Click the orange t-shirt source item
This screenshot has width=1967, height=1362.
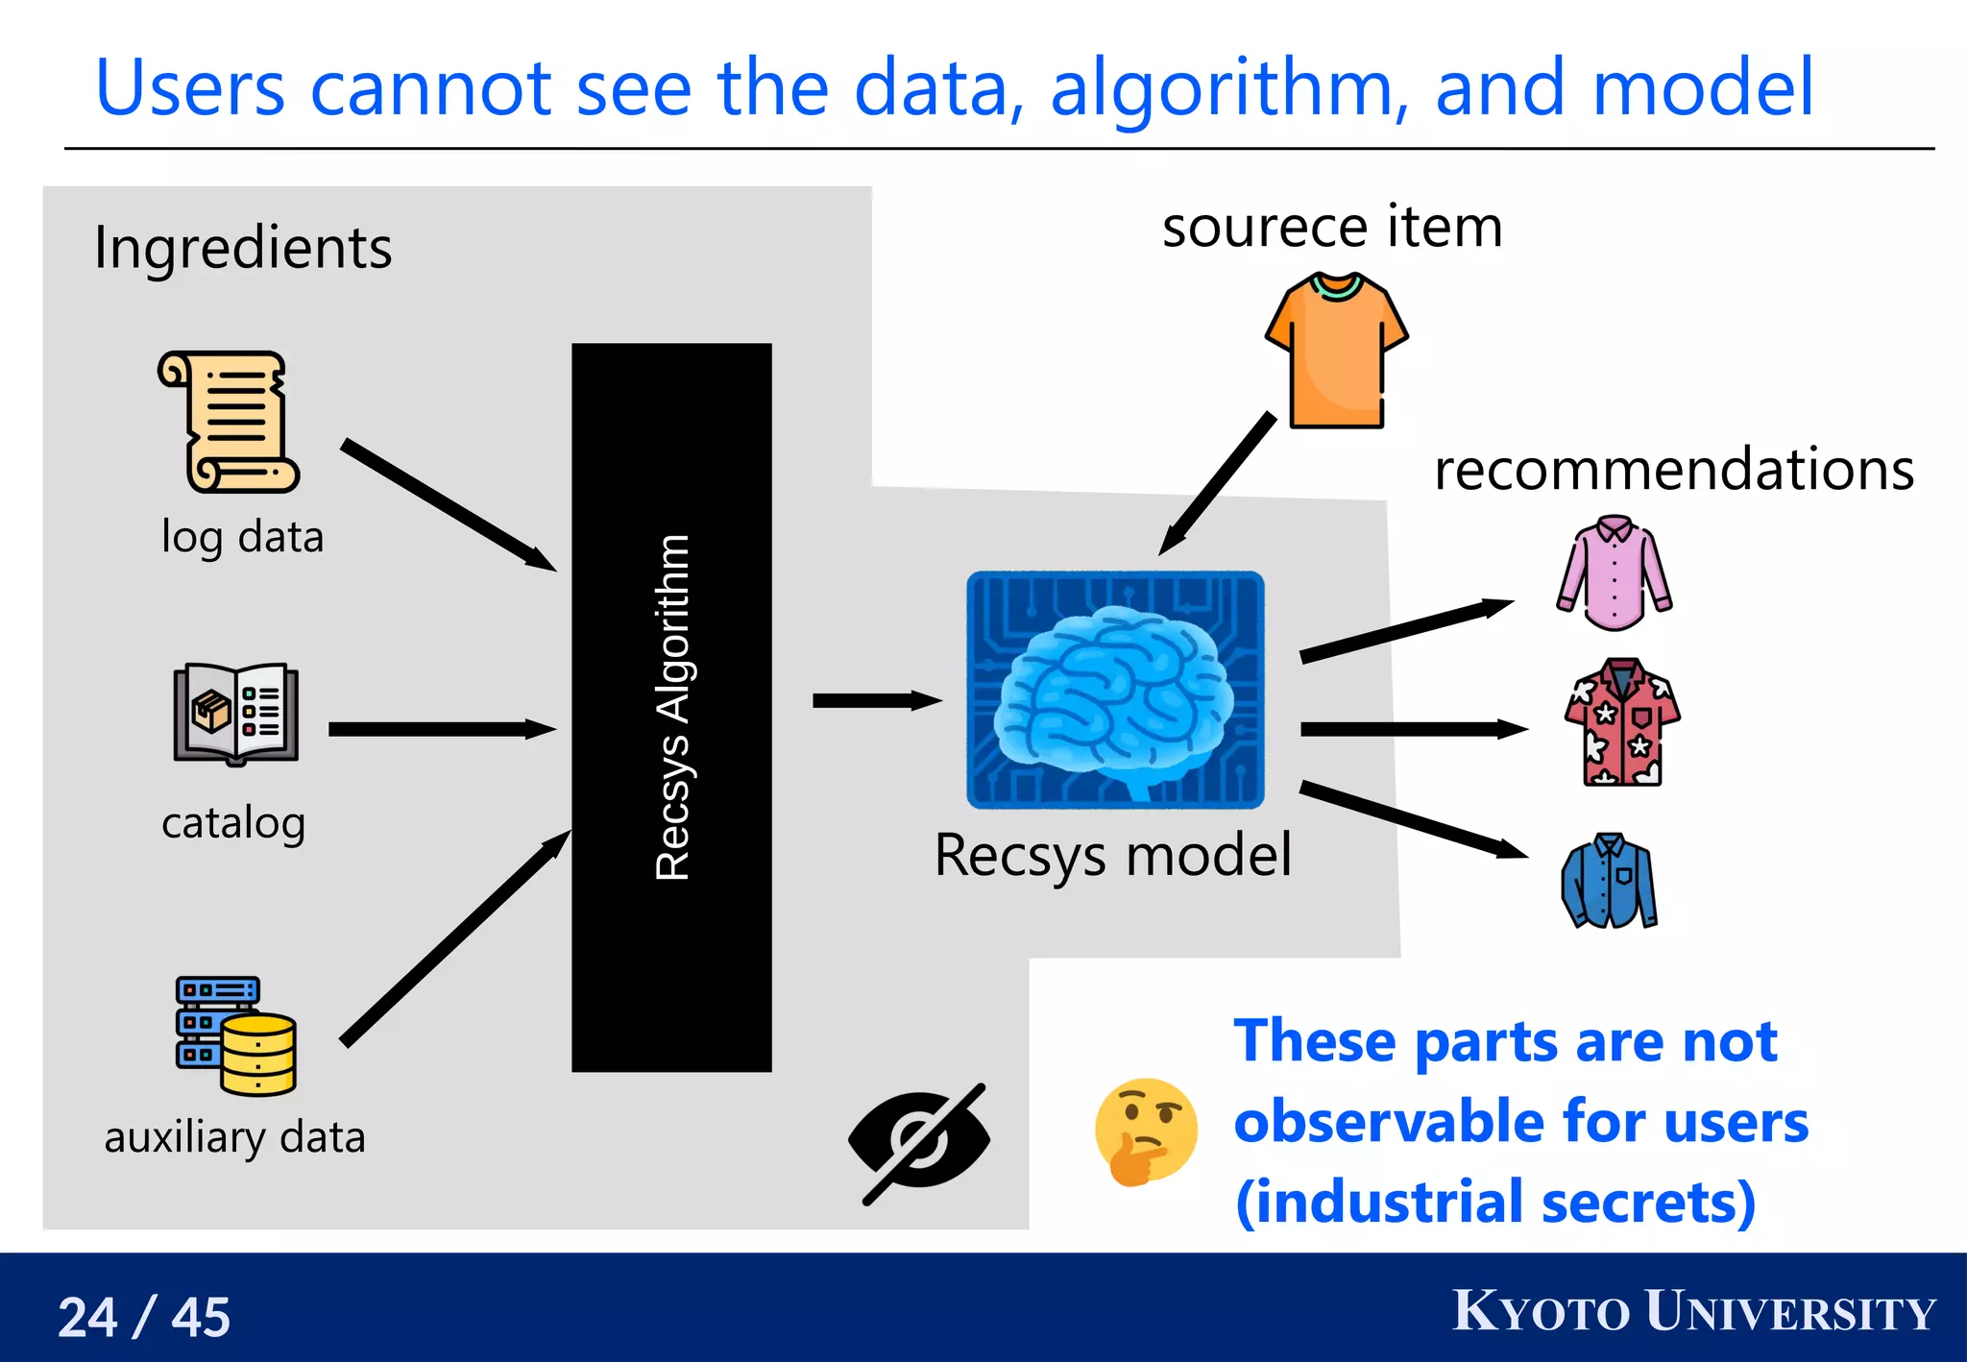tap(1336, 352)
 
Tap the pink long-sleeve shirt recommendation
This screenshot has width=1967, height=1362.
tap(1615, 573)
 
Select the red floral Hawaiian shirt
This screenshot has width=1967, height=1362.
tap(1621, 722)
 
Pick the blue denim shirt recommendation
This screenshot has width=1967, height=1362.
tap(1610, 881)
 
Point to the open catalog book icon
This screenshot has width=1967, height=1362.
tap(236, 714)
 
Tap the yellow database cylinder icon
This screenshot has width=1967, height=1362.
tap(257, 1055)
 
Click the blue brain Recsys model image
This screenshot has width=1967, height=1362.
tap(1115, 690)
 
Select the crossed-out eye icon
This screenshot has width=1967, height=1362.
tap(920, 1142)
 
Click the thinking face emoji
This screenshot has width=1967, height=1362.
tap(1145, 1131)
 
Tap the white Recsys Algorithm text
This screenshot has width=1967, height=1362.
tap(672, 708)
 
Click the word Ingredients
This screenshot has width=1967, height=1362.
tap(243, 248)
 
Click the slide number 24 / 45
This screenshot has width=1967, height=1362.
tap(144, 1316)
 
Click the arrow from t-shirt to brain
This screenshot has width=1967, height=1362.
tap(1217, 485)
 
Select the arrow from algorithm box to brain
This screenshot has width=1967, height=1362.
tap(875, 700)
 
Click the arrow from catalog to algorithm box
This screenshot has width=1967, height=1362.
tap(441, 729)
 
